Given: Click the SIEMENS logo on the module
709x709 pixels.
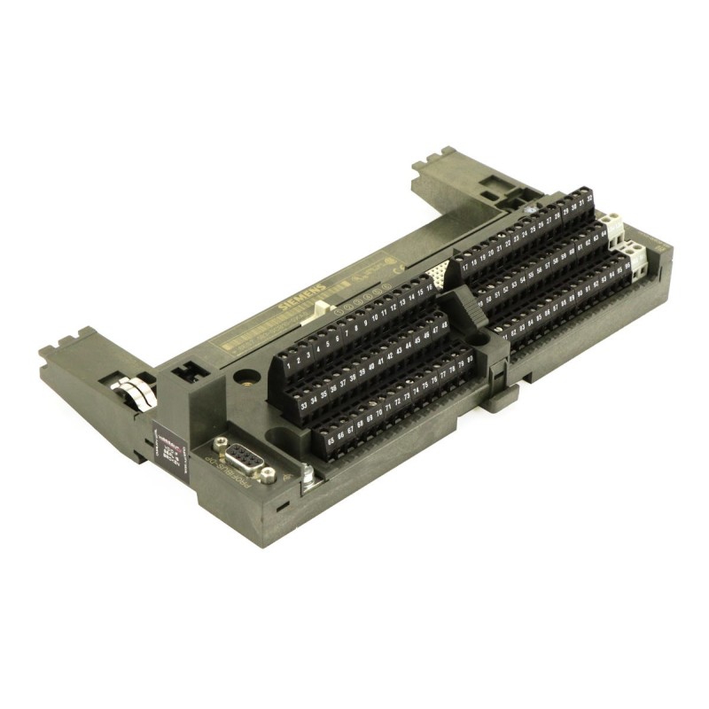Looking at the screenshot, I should click(300, 296).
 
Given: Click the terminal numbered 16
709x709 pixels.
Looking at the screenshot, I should click(430, 286).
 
